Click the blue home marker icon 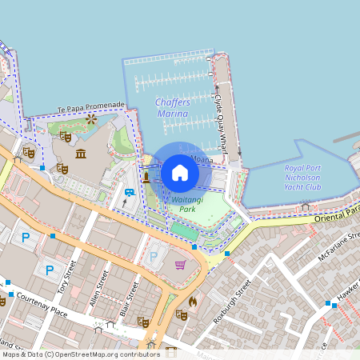[x=180, y=172]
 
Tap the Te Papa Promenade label [x=91, y=107]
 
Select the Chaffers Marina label [x=172, y=109]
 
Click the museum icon [x=81, y=153]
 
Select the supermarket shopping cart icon [x=181, y=265]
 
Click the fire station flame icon [x=192, y=302]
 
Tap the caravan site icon [x=129, y=193]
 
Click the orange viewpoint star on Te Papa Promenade [x=91, y=119]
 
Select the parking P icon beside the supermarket [x=154, y=257]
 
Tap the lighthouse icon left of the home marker [x=146, y=176]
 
